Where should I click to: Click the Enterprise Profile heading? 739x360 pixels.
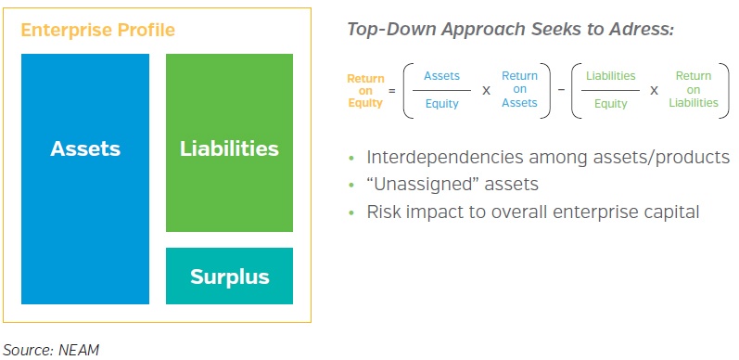tap(97, 31)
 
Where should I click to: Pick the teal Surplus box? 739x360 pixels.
tap(229, 276)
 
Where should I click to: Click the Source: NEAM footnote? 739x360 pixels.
tap(50, 349)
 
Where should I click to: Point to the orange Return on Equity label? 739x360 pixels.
tap(365, 90)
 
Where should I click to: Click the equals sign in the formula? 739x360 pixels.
tap(392, 90)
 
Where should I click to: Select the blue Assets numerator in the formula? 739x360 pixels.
tap(441, 76)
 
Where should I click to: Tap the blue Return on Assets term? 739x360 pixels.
tap(519, 89)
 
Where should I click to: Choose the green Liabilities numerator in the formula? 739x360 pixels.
tap(611, 76)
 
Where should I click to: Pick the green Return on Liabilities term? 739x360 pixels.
tap(694, 89)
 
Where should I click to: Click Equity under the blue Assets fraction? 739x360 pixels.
tap(441, 103)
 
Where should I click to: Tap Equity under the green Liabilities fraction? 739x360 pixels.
tap(611, 103)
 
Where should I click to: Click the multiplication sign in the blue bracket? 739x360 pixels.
tap(484, 90)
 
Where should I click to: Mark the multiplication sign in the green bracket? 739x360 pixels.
tap(654, 90)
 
